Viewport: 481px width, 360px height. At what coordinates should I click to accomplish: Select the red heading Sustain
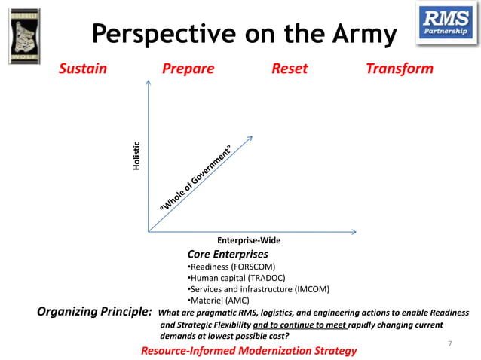point(83,69)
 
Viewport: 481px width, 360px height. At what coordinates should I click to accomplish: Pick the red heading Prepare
point(188,69)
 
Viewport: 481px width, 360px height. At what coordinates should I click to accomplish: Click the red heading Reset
point(290,69)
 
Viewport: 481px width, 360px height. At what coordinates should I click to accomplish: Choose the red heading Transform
point(399,69)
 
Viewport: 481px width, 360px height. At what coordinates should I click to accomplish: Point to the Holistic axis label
point(136,155)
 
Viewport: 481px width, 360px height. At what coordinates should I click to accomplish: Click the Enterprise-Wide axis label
point(249,240)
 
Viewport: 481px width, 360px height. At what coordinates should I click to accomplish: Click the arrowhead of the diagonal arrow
point(249,137)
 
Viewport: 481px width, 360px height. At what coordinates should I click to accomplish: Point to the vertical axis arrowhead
point(149,84)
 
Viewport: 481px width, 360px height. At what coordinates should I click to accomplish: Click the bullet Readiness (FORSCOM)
point(231,267)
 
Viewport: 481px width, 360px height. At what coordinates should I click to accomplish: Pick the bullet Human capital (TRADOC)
point(234,278)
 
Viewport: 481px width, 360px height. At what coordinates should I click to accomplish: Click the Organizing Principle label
point(95,313)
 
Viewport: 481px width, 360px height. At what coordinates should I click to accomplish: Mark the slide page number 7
point(450,344)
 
